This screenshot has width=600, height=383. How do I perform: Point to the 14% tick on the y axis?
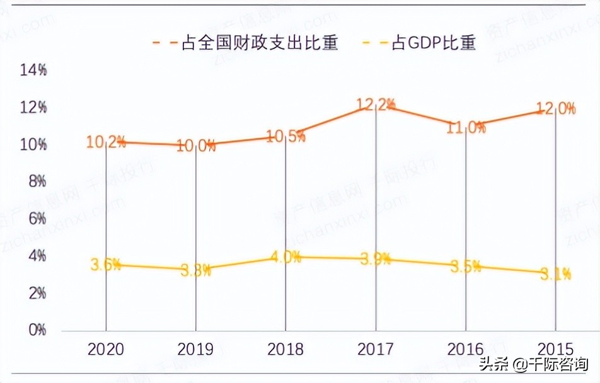(33, 71)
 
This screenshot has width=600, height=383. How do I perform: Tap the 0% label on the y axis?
(37, 329)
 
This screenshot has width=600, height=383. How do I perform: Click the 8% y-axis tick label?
(36, 181)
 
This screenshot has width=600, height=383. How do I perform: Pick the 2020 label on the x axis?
(105, 349)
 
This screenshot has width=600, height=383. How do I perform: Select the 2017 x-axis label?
(376, 349)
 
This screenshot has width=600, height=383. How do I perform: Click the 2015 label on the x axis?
(555, 349)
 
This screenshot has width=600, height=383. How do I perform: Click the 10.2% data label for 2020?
(105, 142)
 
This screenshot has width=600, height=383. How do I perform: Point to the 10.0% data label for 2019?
(195, 146)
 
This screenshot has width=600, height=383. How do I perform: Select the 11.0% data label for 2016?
(466, 127)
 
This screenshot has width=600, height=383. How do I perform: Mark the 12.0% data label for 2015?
(555, 108)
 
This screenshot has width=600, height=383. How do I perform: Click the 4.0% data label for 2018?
(286, 257)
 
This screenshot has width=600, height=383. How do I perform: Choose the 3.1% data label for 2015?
(555, 273)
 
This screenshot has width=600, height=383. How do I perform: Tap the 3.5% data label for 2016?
(466, 266)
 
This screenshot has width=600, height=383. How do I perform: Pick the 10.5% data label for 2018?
(286, 135)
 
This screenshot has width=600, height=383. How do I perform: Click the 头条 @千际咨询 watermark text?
(534, 364)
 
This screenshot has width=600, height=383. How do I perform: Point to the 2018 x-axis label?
(286, 349)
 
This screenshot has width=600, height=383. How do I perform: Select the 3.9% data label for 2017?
(376, 259)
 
